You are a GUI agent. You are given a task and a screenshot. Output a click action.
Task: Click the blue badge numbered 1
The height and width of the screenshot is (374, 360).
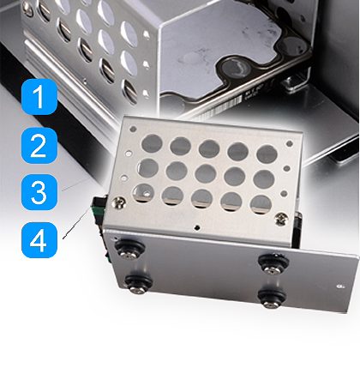tap(39, 97)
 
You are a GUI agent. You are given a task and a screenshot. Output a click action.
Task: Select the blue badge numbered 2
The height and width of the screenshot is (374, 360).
tap(39, 146)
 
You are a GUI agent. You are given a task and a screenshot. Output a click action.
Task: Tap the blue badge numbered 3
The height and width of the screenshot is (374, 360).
tap(39, 192)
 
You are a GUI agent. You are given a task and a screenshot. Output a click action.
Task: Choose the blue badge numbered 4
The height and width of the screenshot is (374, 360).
tap(39, 240)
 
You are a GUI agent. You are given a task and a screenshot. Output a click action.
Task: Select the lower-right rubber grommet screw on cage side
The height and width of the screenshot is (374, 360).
tap(270, 299)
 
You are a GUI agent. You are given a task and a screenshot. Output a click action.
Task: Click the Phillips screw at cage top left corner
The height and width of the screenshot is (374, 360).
tap(119, 202)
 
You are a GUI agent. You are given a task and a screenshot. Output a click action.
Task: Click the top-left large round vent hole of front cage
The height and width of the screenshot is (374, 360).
tap(152, 144)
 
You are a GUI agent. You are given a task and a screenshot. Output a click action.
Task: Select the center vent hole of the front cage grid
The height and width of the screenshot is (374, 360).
tap(206, 174)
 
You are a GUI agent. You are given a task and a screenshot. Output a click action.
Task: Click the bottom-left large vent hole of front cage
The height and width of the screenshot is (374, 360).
tap(143, 193)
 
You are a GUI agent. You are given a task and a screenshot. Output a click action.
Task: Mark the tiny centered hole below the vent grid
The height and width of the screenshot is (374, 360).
tap(197, 228)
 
